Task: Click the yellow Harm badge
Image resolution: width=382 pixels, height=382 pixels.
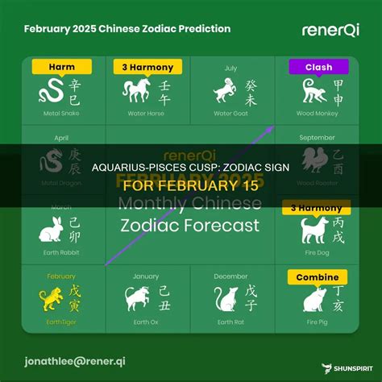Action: pos(62,66)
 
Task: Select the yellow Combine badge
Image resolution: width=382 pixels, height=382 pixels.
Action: pos(318,276)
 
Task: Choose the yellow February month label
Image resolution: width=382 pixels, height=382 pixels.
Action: pos(60,276)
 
